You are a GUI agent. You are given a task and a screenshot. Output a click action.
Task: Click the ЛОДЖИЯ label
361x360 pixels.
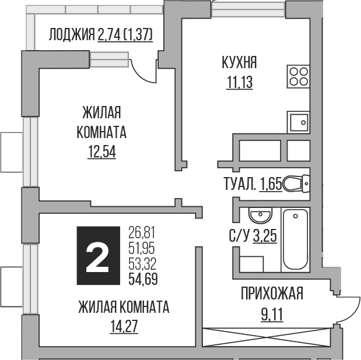(72, 35)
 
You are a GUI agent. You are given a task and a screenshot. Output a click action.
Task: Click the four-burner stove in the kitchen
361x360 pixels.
(299, 75)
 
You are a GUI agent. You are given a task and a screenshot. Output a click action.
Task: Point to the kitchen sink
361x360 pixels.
(299, 122)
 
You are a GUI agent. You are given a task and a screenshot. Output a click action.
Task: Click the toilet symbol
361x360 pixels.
(297, 185)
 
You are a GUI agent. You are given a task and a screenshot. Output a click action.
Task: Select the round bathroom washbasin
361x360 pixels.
(258, 217)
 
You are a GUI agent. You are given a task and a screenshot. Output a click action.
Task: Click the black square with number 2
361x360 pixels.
(98, 256)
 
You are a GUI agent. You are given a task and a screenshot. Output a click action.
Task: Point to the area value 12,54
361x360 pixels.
(101, 153)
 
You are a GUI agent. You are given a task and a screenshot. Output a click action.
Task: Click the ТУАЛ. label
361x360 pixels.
(240, 185)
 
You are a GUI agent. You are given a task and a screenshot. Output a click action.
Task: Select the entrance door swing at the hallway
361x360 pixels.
(348, 306)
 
